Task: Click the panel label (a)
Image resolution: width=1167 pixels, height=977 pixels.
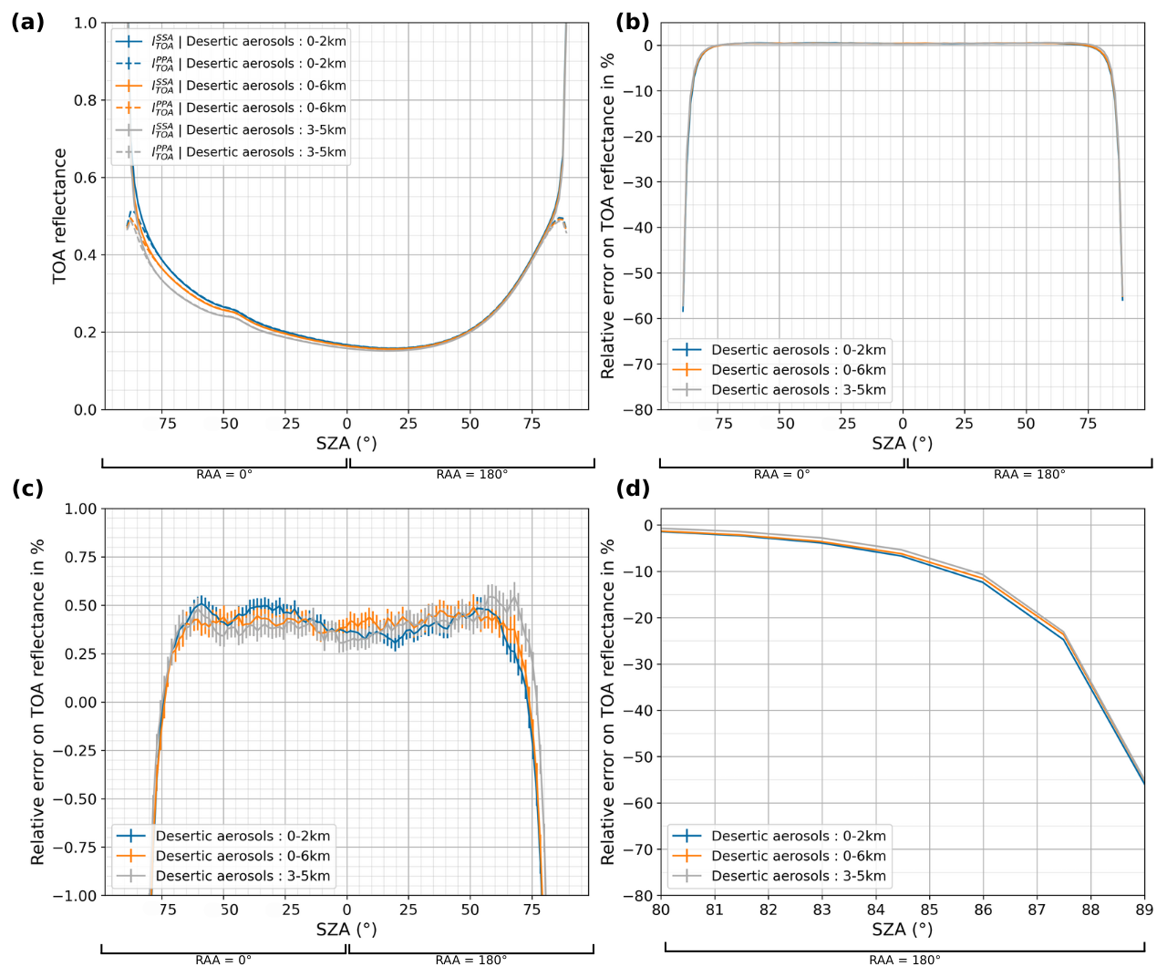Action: pos(27,23)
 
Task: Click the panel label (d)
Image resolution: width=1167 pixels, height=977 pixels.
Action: pos(633,488)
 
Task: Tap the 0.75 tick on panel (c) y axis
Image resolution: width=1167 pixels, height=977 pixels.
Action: pos(80,557)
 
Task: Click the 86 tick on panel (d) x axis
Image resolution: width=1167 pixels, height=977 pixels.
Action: pos(983,910)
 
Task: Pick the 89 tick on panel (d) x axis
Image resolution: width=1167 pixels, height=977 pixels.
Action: pos(1144,910)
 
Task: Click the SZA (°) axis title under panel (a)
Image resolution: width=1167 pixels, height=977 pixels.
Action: pos(346,444)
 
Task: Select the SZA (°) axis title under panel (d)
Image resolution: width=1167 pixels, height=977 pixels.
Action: pos(902,930)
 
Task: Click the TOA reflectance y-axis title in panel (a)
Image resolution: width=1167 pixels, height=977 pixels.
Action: pos(60,216)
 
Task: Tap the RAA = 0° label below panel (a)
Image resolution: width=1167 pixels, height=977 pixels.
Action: pos(224,475)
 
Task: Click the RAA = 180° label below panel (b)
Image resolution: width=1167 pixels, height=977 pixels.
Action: pos(1029,475)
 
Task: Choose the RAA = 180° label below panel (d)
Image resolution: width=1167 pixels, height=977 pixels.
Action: pos(904,961)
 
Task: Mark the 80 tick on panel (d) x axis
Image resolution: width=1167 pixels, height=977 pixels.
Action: pos(661,910)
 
